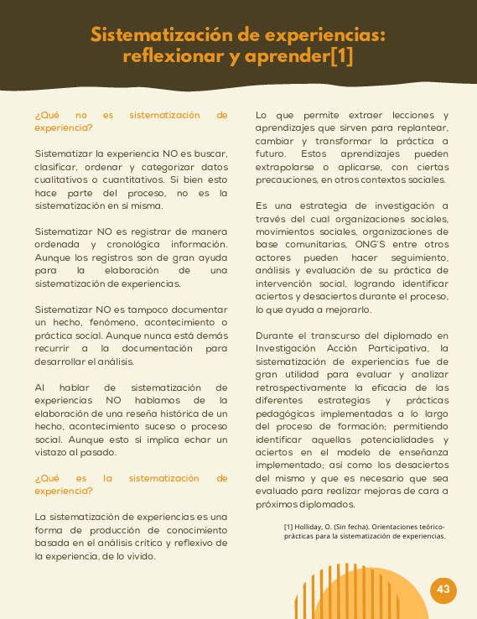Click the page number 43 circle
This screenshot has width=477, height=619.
click(x=443, y=590)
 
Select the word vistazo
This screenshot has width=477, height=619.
click(x=54, y=453)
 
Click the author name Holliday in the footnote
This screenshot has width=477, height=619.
click(x=316, y=527)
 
